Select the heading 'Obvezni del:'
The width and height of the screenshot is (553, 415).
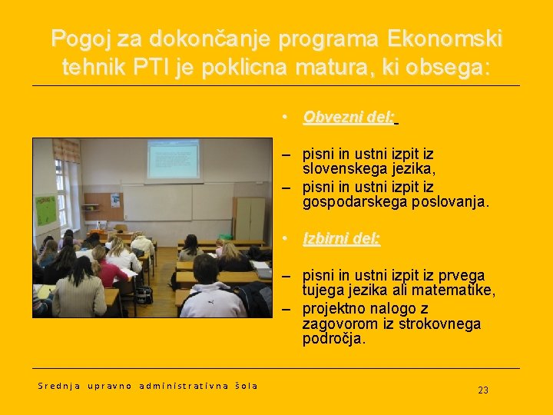point(349,117)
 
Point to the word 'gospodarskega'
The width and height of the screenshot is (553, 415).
point(350,202)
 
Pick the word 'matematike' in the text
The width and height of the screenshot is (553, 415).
point(455,290)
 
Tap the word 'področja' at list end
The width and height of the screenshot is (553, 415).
point(333,338)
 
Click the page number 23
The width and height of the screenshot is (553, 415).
point(482,390)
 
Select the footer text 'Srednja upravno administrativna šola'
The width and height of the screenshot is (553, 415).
point(147,386)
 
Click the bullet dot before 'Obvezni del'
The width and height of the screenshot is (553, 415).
point(284,118)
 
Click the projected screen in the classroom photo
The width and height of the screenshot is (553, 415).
point(174,160)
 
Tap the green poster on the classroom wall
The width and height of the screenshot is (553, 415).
point(46,209)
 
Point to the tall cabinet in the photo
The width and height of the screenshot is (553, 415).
point(249,218)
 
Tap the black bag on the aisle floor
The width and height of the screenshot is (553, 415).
point(144,294)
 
